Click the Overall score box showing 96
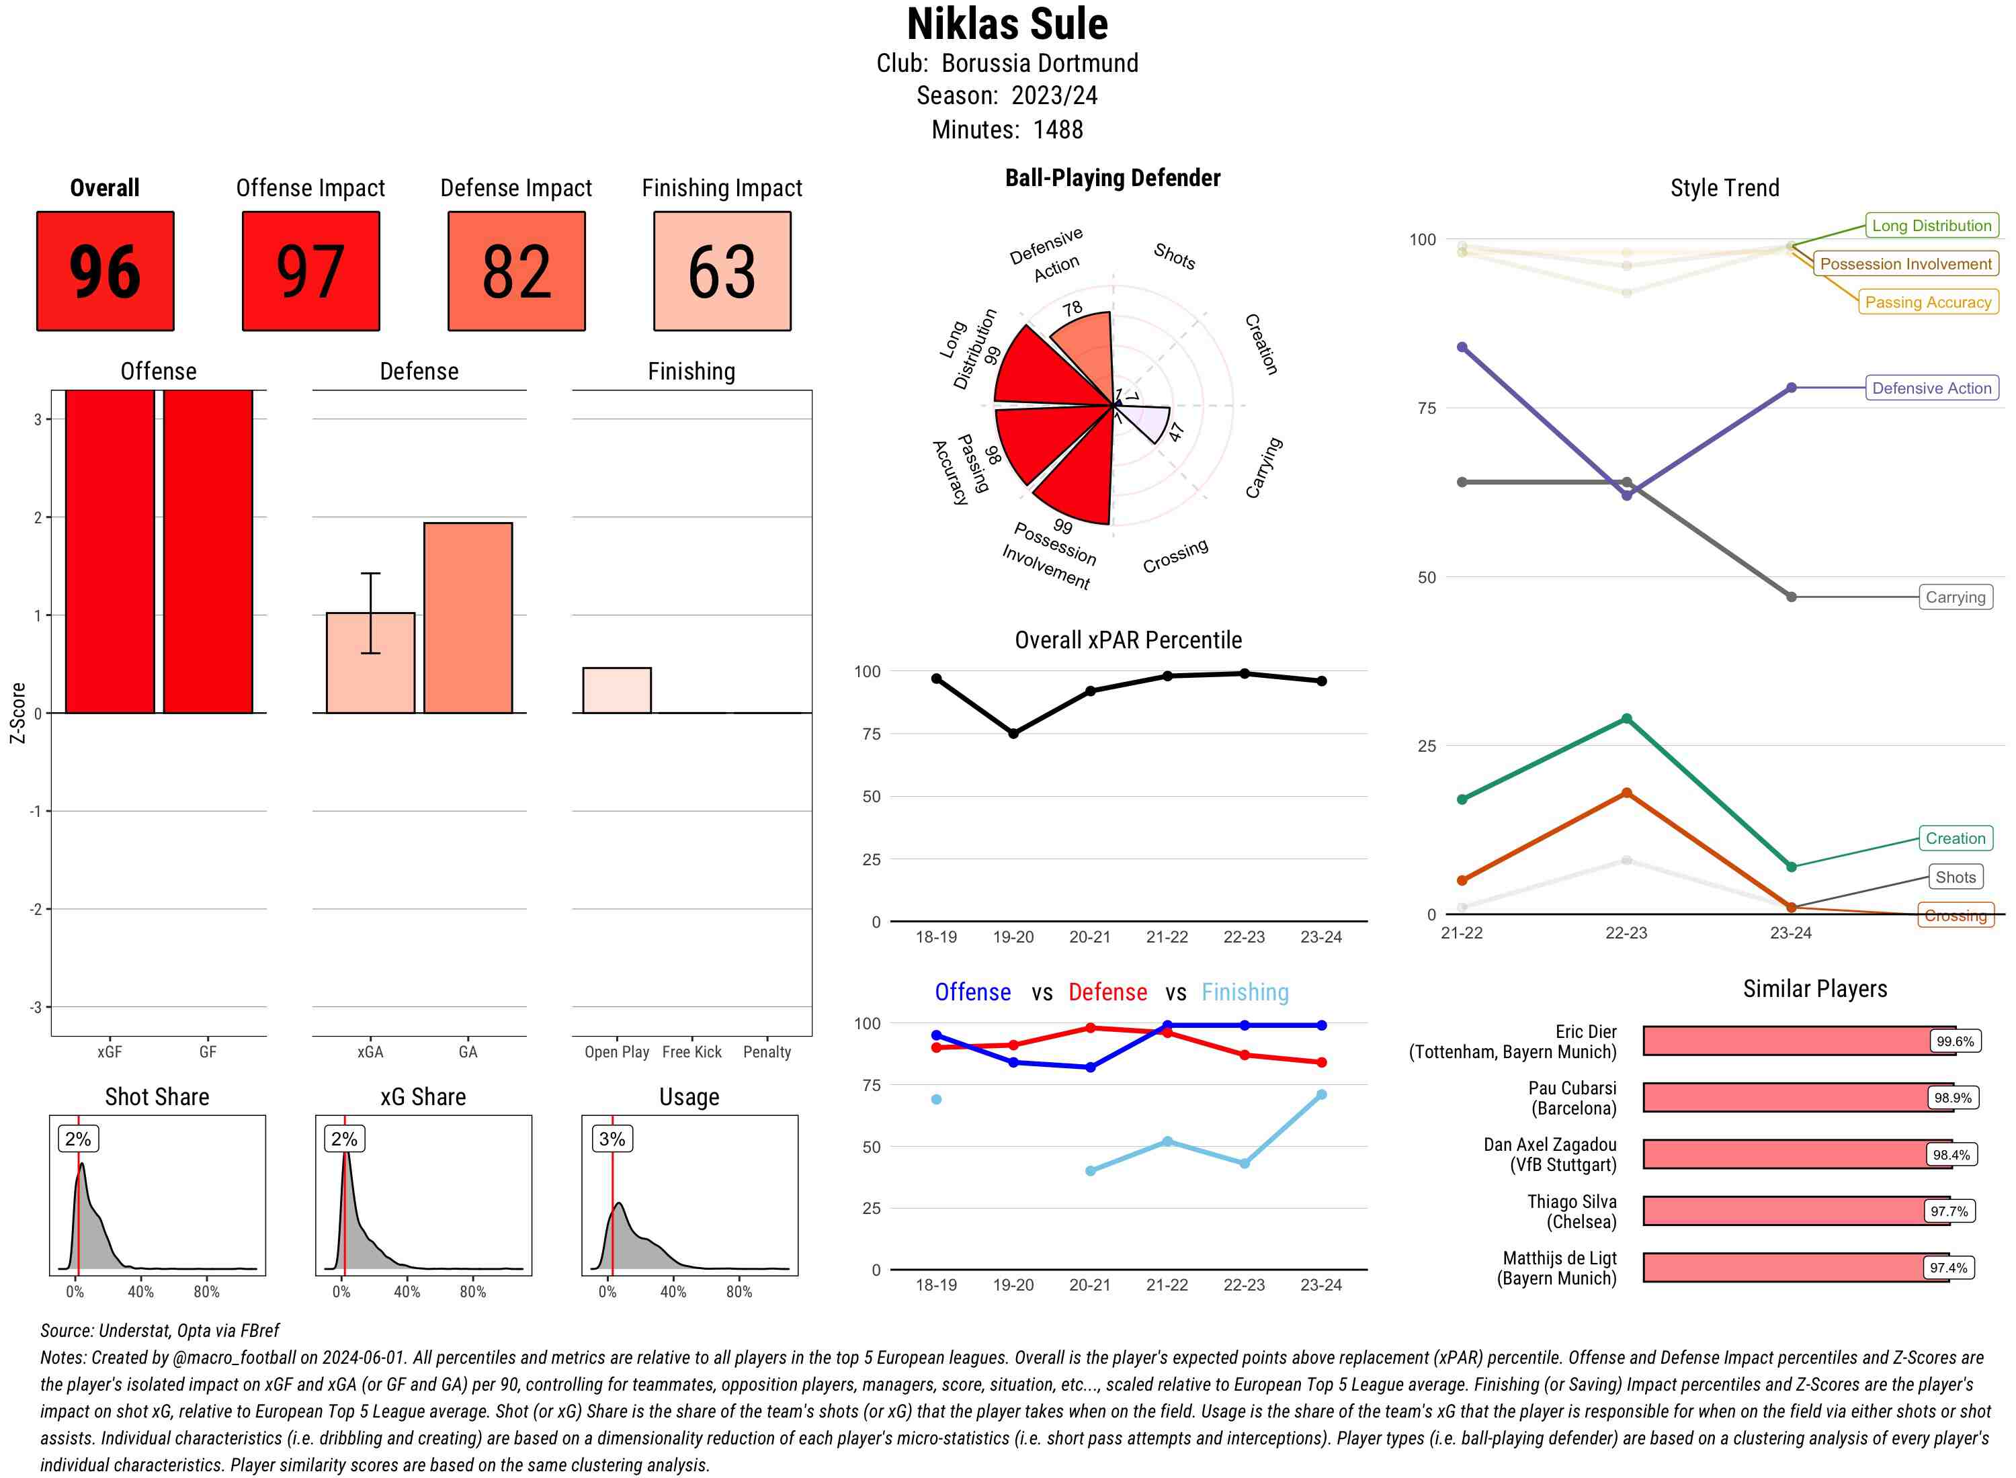coord(105,271)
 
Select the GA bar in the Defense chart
coord(468,617)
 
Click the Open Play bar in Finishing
coord(616,690)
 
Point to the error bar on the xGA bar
coord(370,613)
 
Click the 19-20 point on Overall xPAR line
coord(1013,734)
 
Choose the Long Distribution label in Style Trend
coord(1931,226)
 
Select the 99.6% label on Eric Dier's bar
coord(1954,1041)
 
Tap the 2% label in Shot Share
coord(78,1139)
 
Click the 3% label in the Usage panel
coord(612,1139)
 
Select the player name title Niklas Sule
coord(1007,24)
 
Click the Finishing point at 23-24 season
coord(1320,1094)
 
